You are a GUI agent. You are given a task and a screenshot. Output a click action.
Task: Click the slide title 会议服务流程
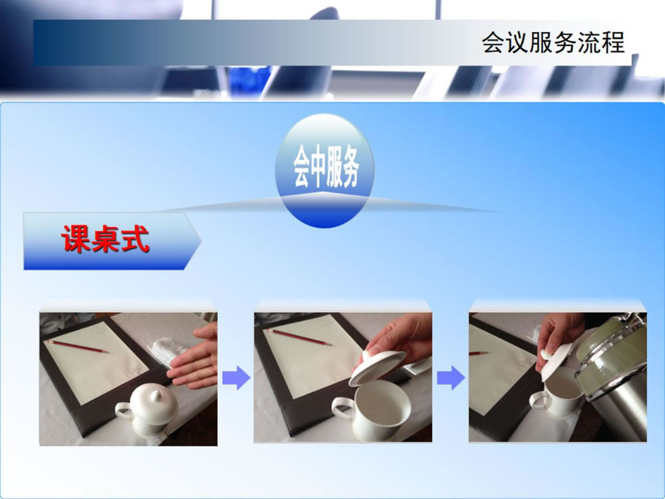click(553, 43)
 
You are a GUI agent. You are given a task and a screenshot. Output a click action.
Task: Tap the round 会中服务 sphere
click(325, 170)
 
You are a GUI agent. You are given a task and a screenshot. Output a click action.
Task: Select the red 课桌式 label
click(106, 240)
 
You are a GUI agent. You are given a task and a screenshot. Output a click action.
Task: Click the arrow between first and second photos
click(236, 377)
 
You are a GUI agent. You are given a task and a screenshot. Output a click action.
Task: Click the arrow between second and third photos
click(451, 377)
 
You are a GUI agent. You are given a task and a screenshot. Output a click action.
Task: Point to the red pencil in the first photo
click(78, 346)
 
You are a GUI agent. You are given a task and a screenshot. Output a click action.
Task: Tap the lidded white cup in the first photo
click(147, 410)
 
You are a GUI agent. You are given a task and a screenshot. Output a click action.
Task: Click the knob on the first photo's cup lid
click(156, 396)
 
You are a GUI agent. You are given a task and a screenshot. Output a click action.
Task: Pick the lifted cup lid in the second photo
click(377, 367)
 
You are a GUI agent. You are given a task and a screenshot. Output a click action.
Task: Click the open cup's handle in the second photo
click(342, 409)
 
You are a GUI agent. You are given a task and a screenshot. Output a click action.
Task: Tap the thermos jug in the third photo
click(612, 373)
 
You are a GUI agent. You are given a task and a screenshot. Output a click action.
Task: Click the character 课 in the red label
click(76, 240)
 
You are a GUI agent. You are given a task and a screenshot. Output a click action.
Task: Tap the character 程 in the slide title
click(613, 43)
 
